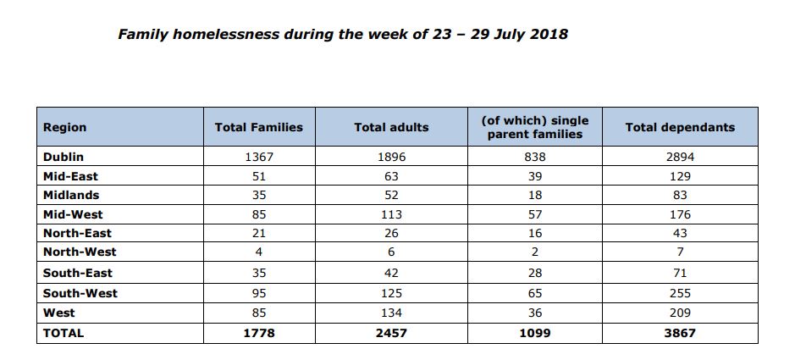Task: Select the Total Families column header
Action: pyautogui.click(x=258, y=127)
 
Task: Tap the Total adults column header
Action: pyautogui.click(x=391, y=127)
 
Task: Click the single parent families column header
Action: pyautogui.click(x=534, y=127)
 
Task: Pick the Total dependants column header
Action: pyautogui.click(x=680, y=127)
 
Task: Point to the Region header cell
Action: pyautogui.click(x=65, y=127)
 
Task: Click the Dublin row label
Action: pyautogui.click(x=63, y=157)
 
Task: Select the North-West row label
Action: pyautogui.click(x=80, y=252)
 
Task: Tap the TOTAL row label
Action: pyautogui.click(x=63, y=333)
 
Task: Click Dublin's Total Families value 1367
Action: pyautogui.click(x=258, y=157)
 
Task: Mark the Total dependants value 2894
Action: pyautogui.click(x=680, y=157)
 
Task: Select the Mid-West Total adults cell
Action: pyautogui.click(x=391, y=214)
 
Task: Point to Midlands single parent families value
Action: pyautogui.click(x=534, y=195)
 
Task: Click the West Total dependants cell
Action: pyautogui.click(x=680, y=313)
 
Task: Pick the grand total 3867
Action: pyautogui.click(x=680, y=333)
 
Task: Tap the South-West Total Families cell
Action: pyautogui.click(x=258, y=293)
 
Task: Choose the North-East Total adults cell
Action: pyautogui.click(x=391, y=233)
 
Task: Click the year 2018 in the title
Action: pyautogui.click(x=547, y=35)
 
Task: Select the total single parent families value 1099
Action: pyautogui.click(x=534, y=333)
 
